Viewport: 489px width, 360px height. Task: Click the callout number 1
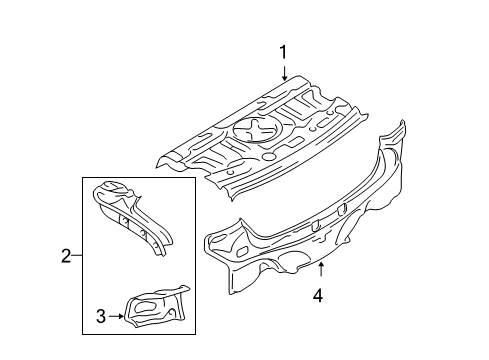[283, 53]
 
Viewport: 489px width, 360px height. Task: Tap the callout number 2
[66, 256]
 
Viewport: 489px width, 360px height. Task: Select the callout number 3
[101, 316]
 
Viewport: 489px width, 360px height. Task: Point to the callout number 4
[318, 296]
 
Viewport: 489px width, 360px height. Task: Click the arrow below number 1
[284, 73]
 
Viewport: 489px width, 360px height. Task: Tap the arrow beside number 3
[116, 316]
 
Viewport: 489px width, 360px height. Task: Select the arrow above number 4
[321, 270]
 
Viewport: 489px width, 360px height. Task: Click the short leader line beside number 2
[77, 256]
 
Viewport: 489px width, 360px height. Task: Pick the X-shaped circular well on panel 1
[258, 130]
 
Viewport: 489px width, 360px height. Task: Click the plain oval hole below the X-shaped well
[268, 156]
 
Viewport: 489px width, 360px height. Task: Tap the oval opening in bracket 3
[144, 306]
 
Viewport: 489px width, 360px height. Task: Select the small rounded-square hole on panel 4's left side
[242, 252]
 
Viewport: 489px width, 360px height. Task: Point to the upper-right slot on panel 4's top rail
[342, 209]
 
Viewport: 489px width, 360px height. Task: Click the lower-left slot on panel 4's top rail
[315, 226]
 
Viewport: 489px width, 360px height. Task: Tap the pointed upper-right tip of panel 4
[403, 121]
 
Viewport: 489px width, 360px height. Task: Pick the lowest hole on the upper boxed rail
[156, 246]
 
